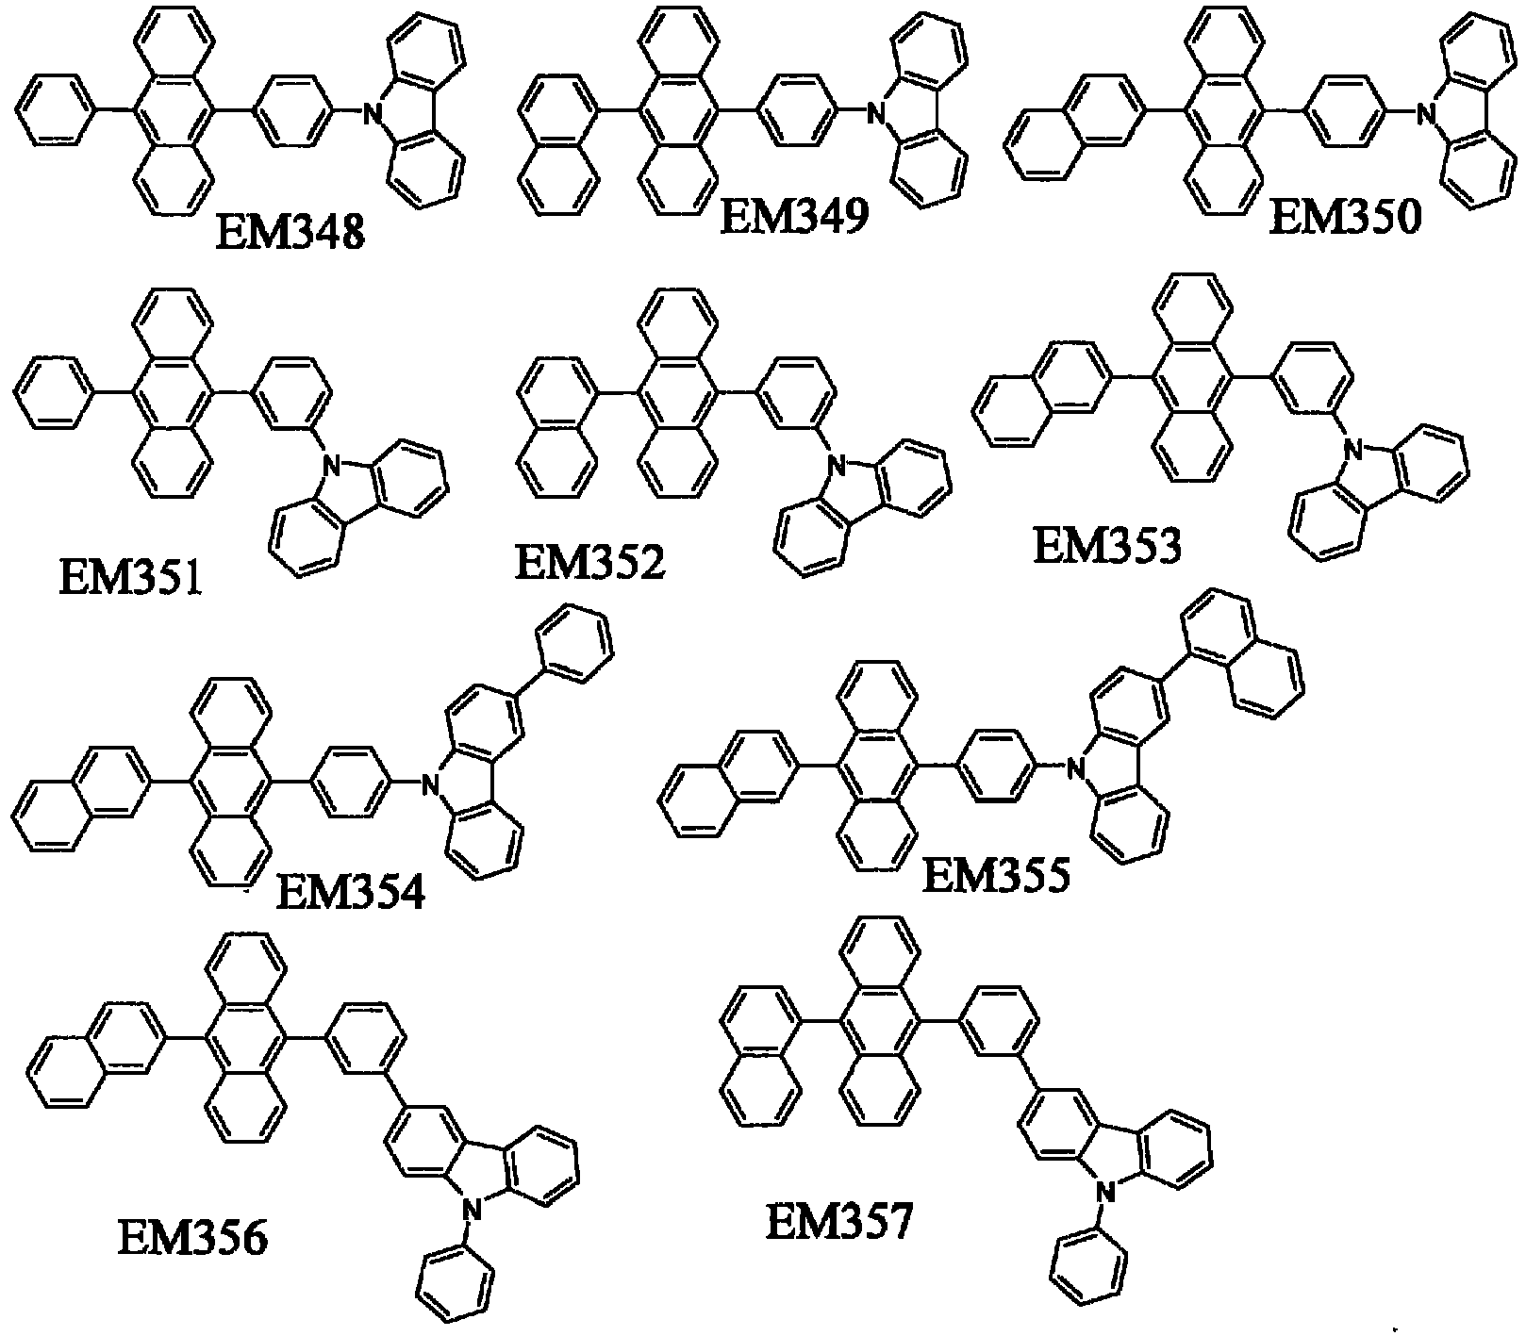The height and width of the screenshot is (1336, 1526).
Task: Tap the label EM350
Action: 1346,219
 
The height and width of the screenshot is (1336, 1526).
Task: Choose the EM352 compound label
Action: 589,564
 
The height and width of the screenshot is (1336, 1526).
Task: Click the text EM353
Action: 1107,546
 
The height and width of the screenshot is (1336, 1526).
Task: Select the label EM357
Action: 839,1223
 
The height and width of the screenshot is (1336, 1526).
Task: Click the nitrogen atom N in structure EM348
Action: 374,115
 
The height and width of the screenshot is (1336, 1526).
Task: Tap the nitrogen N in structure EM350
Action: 1430,115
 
